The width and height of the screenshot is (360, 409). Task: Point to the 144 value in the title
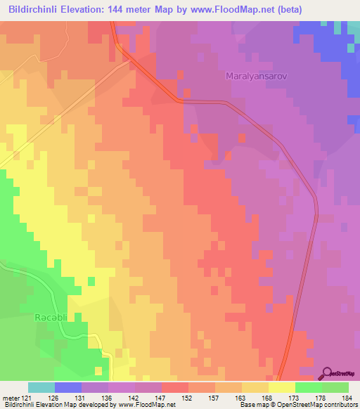pos(134,9)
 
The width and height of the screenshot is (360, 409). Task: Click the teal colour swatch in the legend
pos(41,387)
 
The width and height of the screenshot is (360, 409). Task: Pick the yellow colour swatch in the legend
pos(281,387)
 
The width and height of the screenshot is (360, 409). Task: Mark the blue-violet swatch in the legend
pos(67,387)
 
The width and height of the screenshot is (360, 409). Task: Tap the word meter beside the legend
pos(10,398)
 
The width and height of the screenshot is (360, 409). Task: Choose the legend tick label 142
pos(133,398)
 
